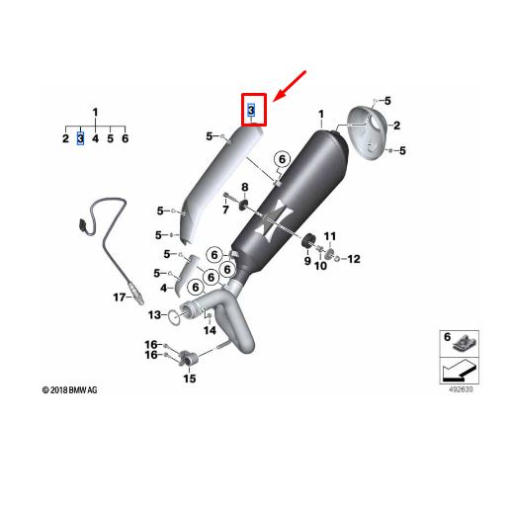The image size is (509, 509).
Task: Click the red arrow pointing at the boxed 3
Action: click(290, 86)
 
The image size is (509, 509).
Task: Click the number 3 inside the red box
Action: click(251, 110)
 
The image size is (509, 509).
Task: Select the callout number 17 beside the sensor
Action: click(119, 297)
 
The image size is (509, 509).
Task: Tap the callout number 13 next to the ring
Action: click(154, 315)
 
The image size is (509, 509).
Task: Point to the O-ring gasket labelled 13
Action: click(174, 316)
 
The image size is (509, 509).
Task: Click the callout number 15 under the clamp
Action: click(190, 379)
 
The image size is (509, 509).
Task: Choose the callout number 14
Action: click(210, 330)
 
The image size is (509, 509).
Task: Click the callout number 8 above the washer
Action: click(244, 187)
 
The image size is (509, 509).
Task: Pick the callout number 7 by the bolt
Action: click(225, 210)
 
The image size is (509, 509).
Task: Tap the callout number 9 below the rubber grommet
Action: click(307, 261)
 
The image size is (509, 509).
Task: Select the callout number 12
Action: click(354, 259)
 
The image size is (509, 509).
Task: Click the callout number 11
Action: click(330, 236)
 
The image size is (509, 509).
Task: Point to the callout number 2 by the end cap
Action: click(396, 126)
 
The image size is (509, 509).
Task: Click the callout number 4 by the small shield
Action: click(164, 288)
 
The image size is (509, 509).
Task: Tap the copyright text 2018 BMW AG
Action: click(70, 390)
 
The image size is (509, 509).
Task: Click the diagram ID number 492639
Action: click(461, 389)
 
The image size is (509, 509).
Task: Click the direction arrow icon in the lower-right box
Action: click(460, 371)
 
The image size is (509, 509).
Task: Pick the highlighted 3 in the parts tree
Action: click(80, 138)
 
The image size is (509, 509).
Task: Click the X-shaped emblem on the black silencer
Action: click(274, 219)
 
